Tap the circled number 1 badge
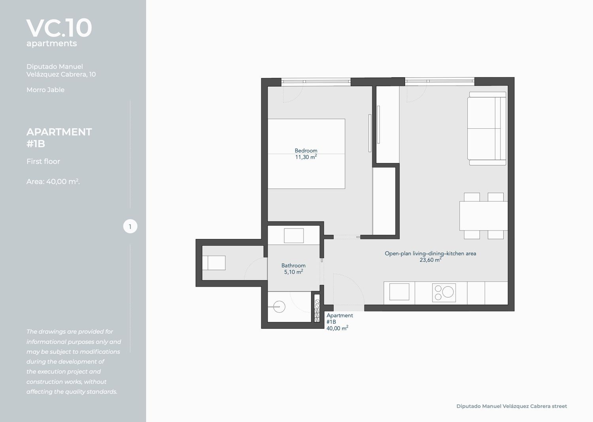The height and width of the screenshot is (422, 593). coord(130,226)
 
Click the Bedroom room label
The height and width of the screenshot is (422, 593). coord(306,150)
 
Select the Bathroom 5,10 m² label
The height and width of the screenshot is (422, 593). coord(293,269)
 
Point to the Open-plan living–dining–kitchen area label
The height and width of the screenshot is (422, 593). coord(430,257)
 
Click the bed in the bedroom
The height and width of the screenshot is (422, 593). coord(306,154)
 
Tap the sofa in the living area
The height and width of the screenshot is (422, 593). coord(487,129)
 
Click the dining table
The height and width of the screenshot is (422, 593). coord(483,216)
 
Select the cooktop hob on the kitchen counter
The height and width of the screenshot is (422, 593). coord(444,293)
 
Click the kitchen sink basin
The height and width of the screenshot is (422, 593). coord(399,292)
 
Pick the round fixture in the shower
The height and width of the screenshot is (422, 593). coord(279,307)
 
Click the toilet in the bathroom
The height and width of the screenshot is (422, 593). coord(214,263)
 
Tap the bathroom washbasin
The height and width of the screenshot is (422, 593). coord(294,236)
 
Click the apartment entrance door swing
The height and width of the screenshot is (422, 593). coord(349,292)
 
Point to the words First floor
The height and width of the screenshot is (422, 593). coord(43,161)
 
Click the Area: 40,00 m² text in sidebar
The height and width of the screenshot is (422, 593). coord(53,181)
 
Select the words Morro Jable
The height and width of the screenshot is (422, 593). coord(45,90)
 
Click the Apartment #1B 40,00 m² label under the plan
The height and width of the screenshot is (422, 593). coord(339,322)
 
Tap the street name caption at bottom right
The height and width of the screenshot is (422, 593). coord(512,406)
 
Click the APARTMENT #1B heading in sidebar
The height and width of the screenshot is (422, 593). coord(59,137)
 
